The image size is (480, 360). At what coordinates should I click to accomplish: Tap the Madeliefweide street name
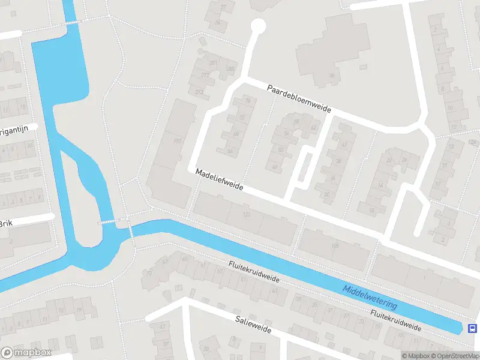click(x=219, y=179)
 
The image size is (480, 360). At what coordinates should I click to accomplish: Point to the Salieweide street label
click(x=253, y=325)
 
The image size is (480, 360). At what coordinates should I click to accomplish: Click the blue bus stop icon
click(x=473, y=328)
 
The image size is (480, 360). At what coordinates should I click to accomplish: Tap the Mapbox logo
click(x=25, y=353)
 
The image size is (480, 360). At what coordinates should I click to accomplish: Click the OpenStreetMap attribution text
click(x=457, y=356)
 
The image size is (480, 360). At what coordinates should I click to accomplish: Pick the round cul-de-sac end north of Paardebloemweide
click(x=258, y=26)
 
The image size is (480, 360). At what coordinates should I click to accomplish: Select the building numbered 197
click(x=176, y=141)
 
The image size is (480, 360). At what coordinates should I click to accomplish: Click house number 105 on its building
click(x=335, y=245)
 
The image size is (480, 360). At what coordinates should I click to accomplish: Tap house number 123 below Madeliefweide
click(x=245, y=214)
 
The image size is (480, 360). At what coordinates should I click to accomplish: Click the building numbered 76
click(x=248, y=101)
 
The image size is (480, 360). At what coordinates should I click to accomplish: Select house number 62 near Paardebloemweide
click(x=313, y=127)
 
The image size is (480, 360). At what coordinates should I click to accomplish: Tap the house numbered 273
click(x=199, y=92)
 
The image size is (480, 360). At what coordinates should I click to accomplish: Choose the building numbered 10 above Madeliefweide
click(x=371, y=210)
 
